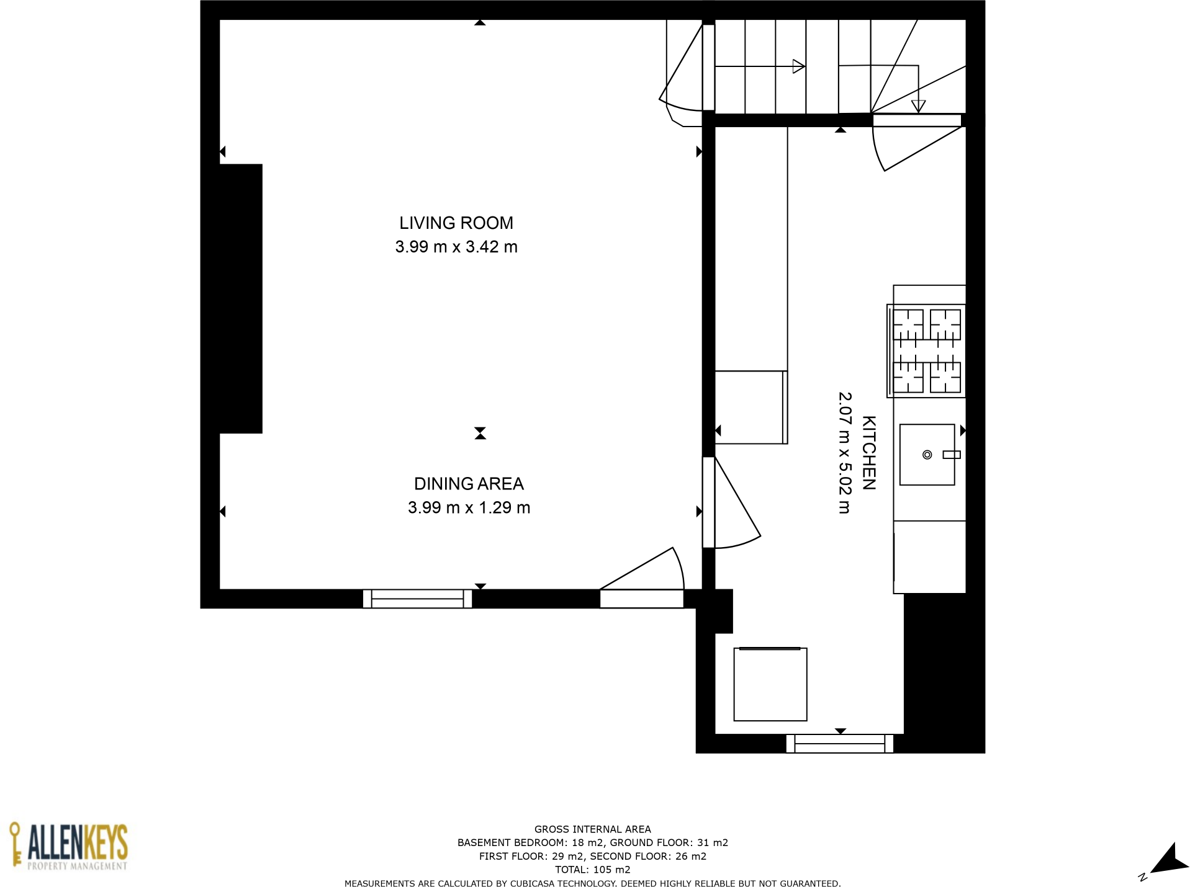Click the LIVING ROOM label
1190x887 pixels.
point(456,223)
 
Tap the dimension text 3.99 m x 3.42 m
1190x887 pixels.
point(456,247)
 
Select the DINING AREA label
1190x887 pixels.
point(468,484)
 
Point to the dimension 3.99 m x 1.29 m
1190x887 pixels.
point(468,508)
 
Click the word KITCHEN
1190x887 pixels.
point(868,453)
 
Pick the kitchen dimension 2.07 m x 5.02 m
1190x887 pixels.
point(844,453)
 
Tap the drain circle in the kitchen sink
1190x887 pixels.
point(927,455)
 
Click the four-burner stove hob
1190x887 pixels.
point(926,351)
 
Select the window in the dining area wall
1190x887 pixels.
point(417,599)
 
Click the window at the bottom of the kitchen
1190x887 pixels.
point(839,743)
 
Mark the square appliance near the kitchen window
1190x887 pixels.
point(770,684)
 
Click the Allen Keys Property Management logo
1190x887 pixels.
point(68,846)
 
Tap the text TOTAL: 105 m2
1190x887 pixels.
point(592,870)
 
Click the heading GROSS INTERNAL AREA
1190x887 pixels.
point(592,829)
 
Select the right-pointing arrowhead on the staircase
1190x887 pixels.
point(798,66)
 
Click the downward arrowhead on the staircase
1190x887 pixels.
point(917,106)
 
